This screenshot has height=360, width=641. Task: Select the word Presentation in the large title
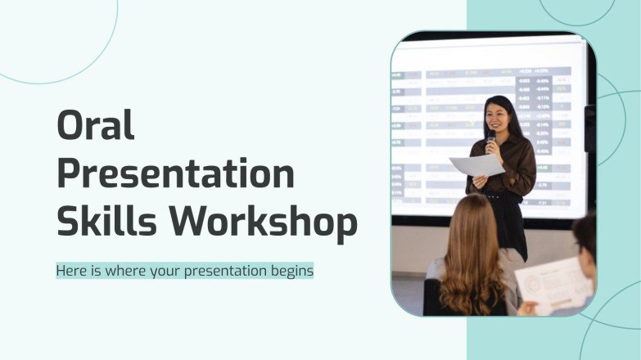pyautogui.click(x=175, y=173)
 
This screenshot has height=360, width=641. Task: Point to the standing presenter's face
pyautogui.click(x=497, y=117)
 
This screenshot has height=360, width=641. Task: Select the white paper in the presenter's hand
pyautogui.click(x=478, y=166)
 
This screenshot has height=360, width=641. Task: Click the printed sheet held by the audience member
pyautogui.click(x=553, y=286)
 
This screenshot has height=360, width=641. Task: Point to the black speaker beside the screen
pyautogui.click(x=589, y=129)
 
